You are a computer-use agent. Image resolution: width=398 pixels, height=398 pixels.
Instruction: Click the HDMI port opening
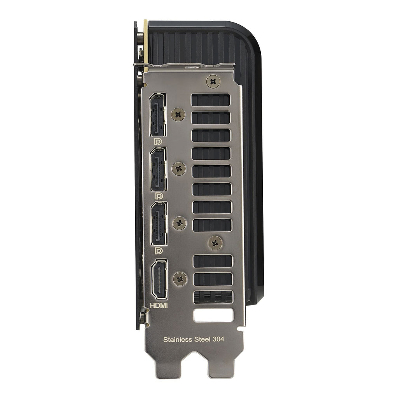159,279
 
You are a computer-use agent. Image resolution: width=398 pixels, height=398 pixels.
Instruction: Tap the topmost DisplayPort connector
158,115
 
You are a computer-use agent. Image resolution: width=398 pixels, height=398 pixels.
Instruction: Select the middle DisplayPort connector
159,169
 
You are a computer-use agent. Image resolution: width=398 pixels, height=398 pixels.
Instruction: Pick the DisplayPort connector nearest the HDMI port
159,223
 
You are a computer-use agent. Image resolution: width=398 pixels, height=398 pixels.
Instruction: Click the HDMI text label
159,305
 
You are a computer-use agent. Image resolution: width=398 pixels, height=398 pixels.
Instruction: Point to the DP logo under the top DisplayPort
158,141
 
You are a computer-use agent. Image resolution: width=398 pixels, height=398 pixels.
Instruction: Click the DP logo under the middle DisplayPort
159,196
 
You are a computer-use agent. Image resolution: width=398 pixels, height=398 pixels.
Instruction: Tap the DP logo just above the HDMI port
159,251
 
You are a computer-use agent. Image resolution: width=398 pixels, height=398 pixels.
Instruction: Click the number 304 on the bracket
218,339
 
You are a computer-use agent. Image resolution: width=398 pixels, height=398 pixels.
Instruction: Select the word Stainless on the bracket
178,339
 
